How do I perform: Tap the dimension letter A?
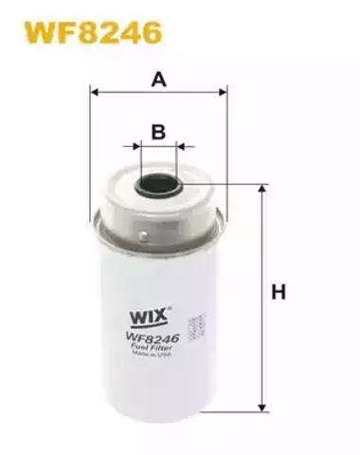159,80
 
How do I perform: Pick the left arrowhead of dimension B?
130,147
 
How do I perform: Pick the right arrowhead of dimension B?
185,147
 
